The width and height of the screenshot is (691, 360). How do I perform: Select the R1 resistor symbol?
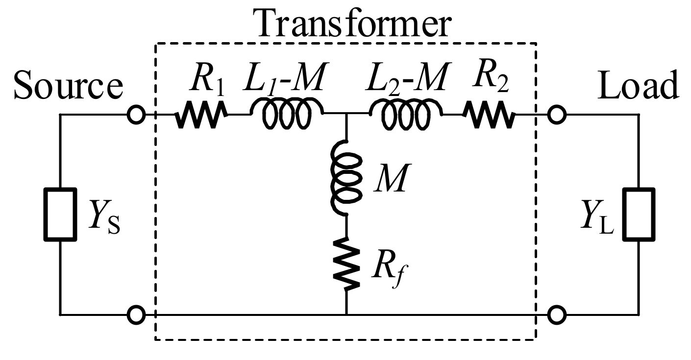tap(201, 116)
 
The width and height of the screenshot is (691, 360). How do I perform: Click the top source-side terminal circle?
tap(136, 116)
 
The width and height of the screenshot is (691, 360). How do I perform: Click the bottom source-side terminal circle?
tap(136, 314)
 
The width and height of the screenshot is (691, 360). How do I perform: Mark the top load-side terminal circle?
tap(556, 116)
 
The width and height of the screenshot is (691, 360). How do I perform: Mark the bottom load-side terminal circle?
tap(556, 314)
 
